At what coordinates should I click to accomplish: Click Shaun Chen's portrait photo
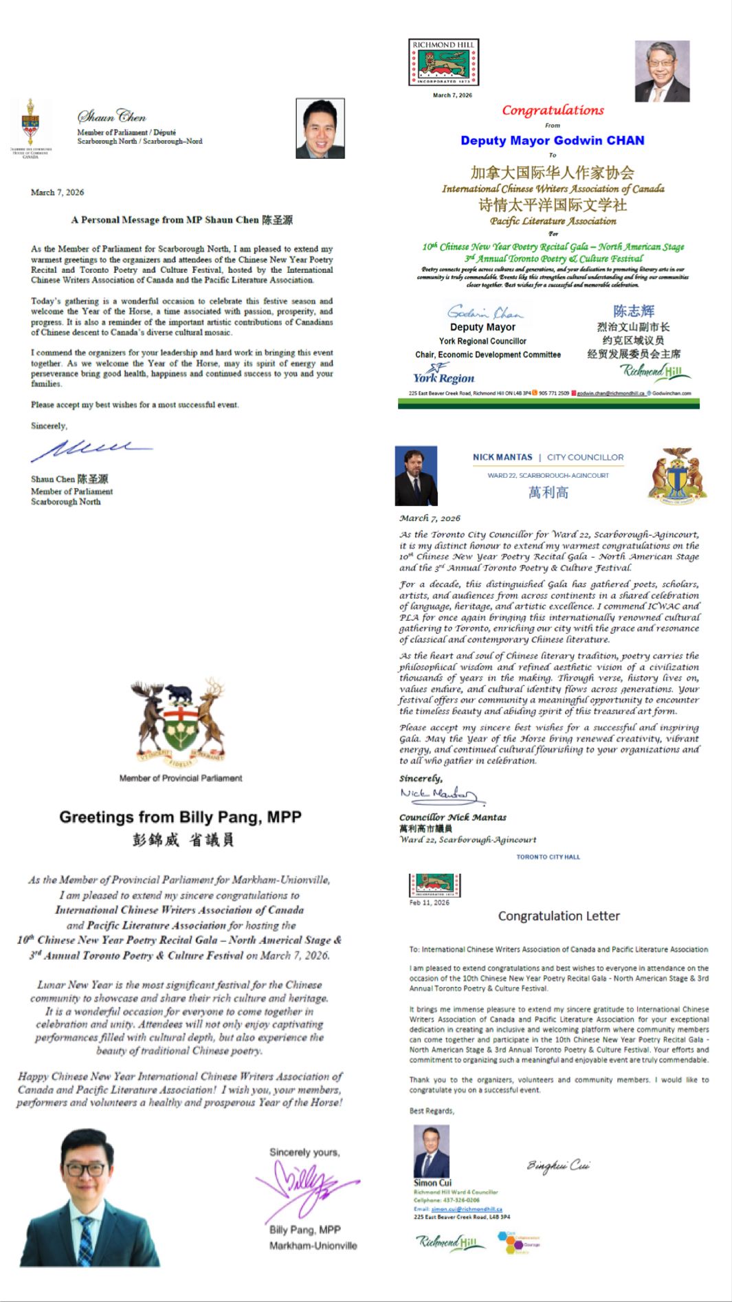(320, 129)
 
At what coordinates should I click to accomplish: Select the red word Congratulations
(553, 110)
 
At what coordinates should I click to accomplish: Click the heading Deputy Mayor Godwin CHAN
(553, 140)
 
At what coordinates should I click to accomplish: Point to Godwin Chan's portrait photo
(661, 71)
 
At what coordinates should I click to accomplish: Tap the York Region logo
(443, 374)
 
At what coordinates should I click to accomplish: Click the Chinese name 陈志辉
(634, 311)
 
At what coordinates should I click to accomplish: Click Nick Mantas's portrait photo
(416, 476)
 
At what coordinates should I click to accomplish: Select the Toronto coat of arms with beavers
(677, 475)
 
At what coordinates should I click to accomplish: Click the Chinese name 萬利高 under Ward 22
(548, 492)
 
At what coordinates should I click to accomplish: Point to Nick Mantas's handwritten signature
(441, 795)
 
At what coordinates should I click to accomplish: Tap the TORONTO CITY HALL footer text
(548, 857)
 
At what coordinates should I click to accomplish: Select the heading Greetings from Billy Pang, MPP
(180, 817)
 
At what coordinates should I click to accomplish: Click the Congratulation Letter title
(559, 916)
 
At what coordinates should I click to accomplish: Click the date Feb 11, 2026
(429, 903)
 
